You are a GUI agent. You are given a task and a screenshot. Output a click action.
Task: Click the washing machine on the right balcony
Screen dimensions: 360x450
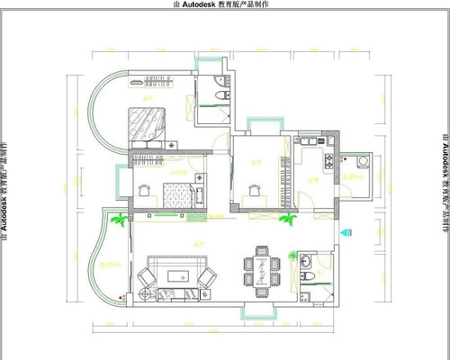click(363, 162)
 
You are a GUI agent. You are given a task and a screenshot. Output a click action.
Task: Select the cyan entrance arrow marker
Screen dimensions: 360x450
click(343, 232)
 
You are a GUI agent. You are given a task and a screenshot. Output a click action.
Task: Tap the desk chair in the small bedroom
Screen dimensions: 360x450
click(144, 191)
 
